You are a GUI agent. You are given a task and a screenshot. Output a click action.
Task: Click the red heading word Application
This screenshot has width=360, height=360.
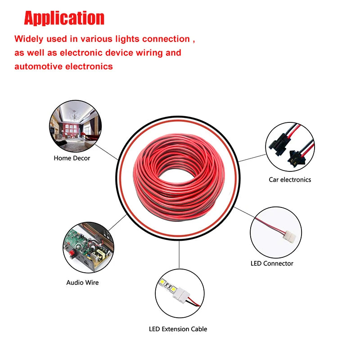(x=64, y=18)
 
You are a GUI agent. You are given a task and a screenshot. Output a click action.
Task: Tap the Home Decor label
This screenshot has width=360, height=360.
(x=72, y=158)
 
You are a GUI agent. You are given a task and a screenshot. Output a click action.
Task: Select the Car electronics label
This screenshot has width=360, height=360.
(x=290, y=180)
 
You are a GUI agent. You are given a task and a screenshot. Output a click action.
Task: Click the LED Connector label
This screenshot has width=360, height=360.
(x=272, y=263)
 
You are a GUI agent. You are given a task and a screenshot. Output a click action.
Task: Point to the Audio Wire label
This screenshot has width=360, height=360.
(x=82, y=283)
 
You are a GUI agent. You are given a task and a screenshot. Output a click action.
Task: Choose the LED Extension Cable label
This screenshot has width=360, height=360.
(x=178, y=329)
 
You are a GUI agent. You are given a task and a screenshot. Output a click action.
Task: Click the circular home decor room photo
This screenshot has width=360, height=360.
(x=75, y=126)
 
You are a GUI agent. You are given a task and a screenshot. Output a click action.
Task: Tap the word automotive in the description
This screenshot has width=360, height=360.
(x=38, y=67)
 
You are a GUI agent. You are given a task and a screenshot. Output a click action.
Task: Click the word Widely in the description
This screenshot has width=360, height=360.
(x=30, y=39)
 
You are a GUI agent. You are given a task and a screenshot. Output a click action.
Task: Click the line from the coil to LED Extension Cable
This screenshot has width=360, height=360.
(x=179, y=254)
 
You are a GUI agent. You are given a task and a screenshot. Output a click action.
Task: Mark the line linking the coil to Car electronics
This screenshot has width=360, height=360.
(x=252, y=157)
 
